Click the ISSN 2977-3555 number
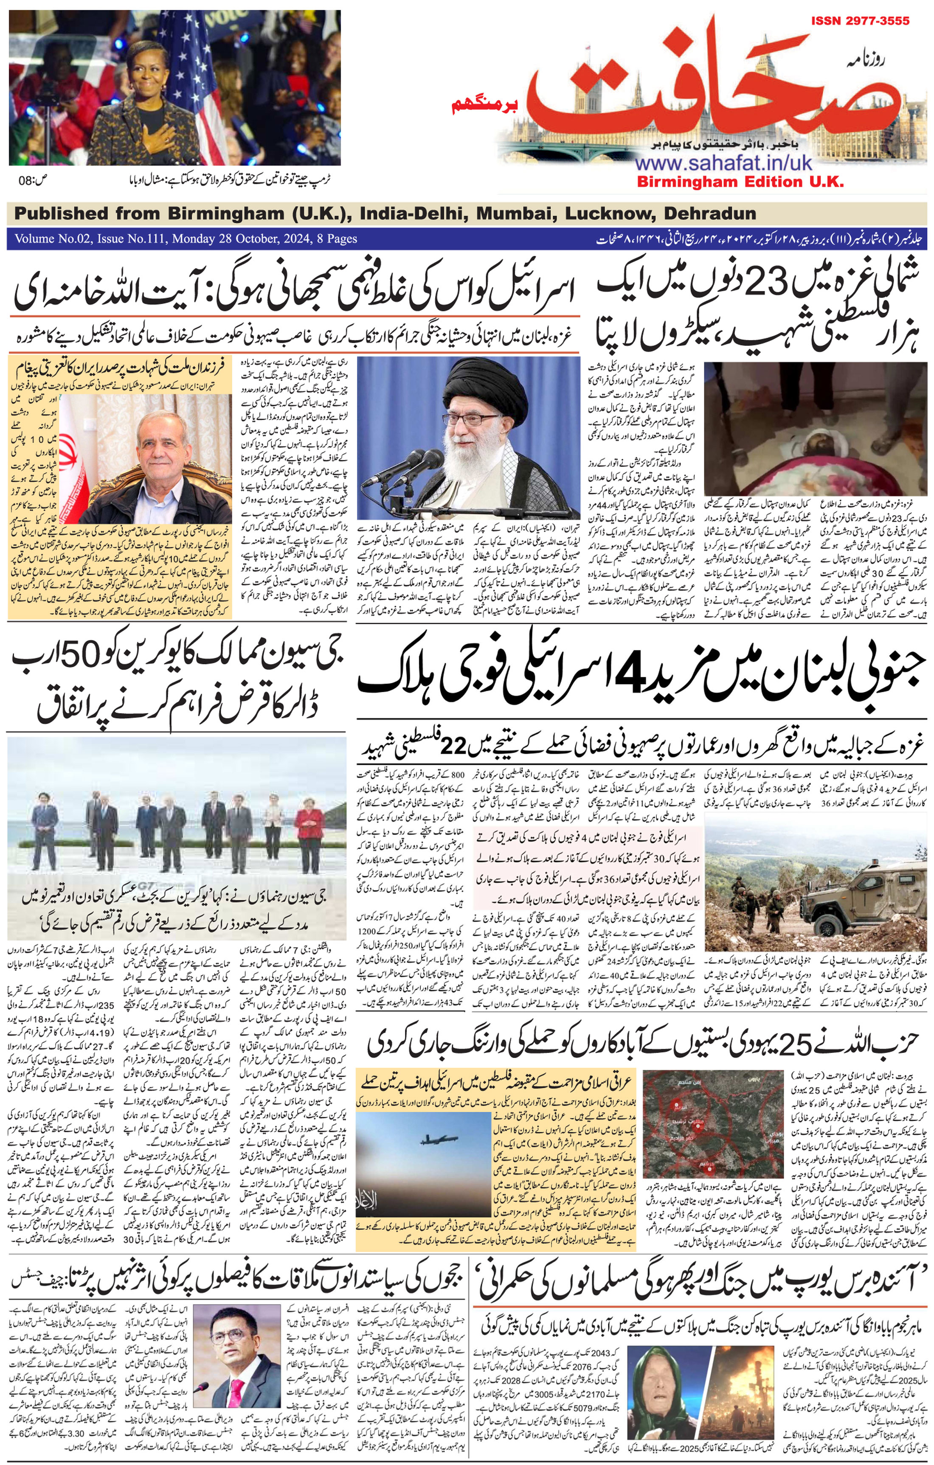click(860, 21)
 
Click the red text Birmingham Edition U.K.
click(740, 181)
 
